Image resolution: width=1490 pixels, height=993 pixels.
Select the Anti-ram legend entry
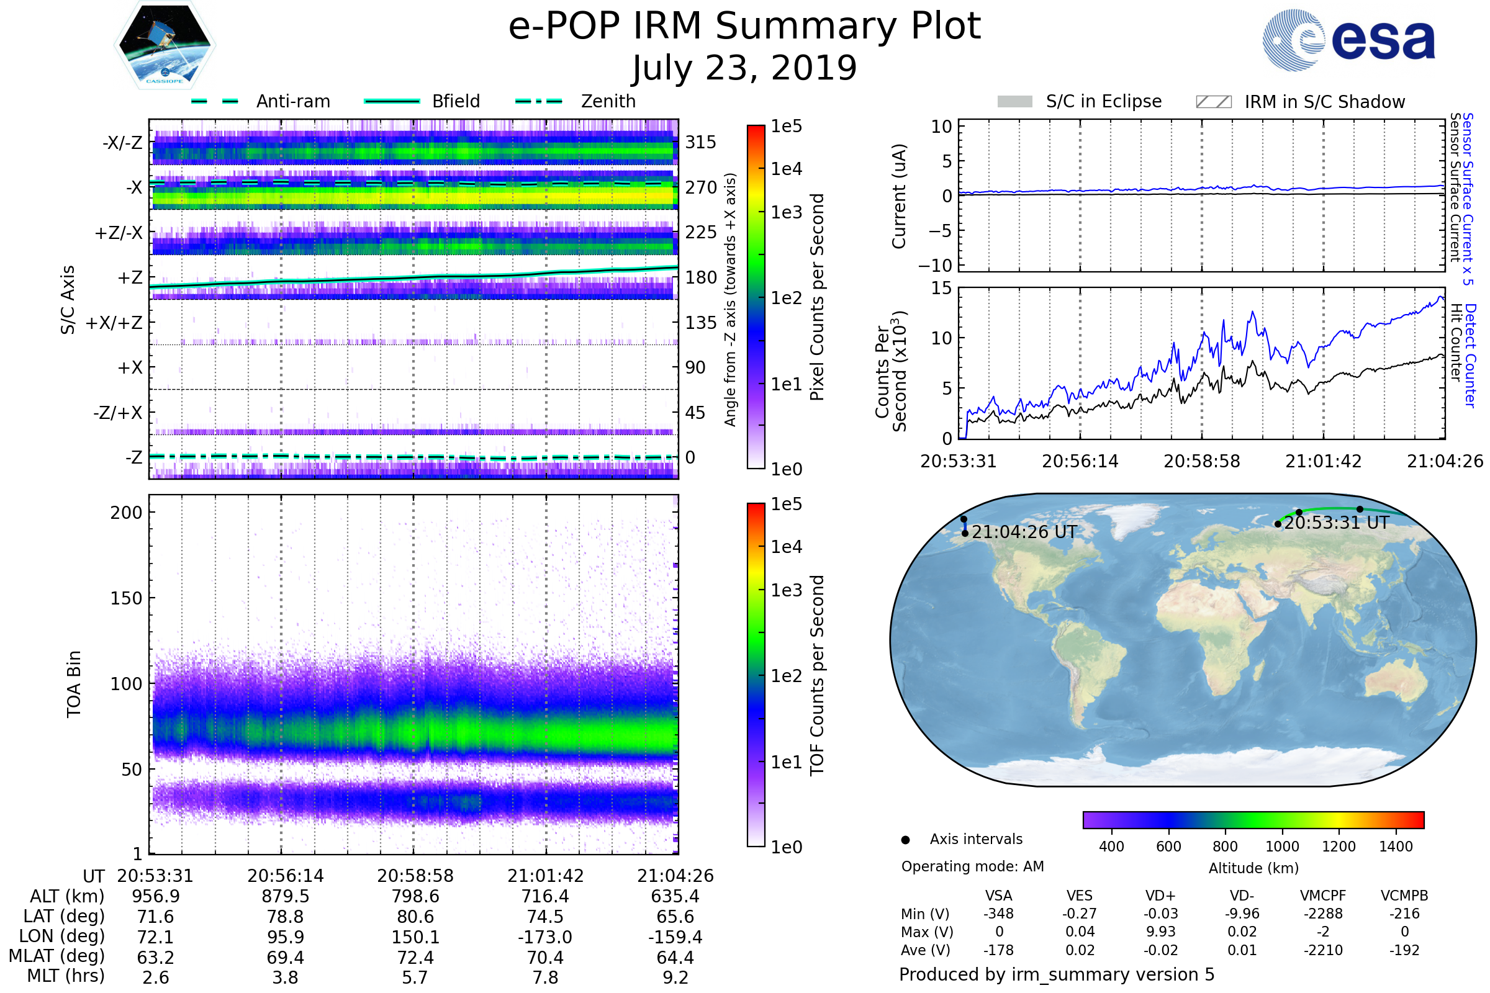click(x=261, y=101)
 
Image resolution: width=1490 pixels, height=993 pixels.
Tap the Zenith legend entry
click(x=576, y=101)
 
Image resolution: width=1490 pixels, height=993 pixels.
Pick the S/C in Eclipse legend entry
click(x=1079, y=101)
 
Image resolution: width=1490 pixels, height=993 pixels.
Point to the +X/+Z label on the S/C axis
click(x=114, y=323)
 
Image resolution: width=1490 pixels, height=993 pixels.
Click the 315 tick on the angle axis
click(x=701, y=142)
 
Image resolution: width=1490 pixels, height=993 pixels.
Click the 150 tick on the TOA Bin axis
click(x=126, y=598)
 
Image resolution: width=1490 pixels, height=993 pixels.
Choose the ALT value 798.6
click(x=415, y=896)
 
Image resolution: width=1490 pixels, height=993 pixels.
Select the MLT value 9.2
click(x=675, y=977)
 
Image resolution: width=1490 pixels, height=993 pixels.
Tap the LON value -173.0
click(x=545, y=937)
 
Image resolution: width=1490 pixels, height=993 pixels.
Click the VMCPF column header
click(x=1323, y=896)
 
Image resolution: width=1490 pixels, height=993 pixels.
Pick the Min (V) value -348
click(x=998, y=914)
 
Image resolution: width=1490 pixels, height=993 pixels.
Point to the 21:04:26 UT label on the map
click(x=1024, y=532)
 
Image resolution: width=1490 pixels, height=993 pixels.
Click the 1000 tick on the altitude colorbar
click(x=1282, y=847)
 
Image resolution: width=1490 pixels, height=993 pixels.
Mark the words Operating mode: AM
click(x=972, y=866)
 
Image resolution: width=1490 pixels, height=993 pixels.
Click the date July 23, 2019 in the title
click(x=744, y=68)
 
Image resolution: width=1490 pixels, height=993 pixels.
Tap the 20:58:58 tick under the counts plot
click(x=1202, y=461)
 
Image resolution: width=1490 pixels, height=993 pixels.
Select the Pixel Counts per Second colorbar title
click(x=817, y=297)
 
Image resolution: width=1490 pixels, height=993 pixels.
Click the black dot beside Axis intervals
click(x=905, y=840)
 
